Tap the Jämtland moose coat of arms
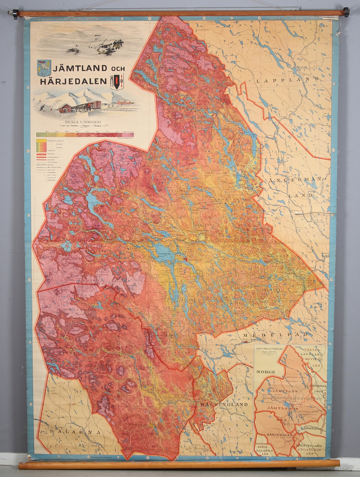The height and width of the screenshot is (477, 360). point(44,68)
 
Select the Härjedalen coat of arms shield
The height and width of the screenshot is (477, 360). point(117,82)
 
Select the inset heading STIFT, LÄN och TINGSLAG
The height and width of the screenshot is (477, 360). point(268,349)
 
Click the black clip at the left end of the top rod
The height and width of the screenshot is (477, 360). point(15,14)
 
